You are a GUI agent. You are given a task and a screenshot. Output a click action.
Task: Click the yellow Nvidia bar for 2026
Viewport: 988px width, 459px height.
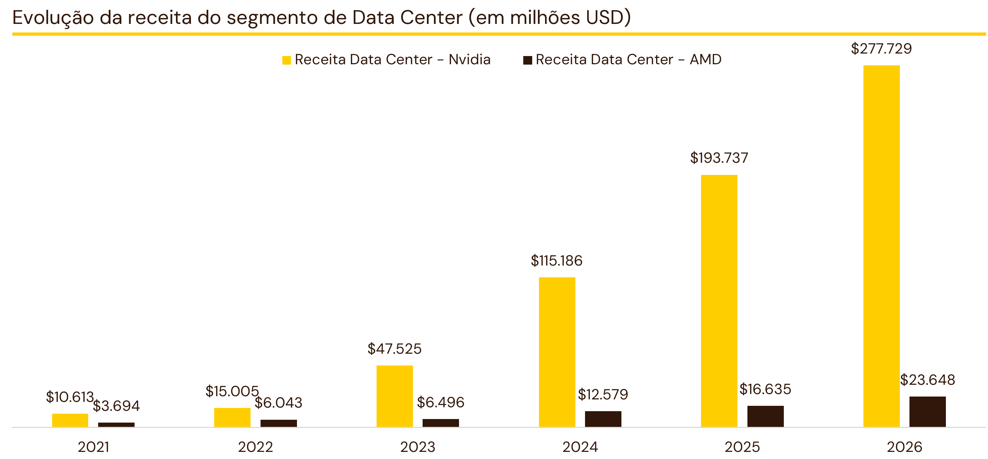tap(881, 246)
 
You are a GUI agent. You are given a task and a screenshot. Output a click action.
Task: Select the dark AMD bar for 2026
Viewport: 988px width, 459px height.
tap(927, 412)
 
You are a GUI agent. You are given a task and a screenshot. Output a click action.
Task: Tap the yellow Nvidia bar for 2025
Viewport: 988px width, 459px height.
tap(719, 301)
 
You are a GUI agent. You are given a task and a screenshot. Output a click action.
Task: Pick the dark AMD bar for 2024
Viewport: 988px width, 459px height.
tap(603, 419)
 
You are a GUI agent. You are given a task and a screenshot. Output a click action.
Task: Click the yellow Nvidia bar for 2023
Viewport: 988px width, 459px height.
tap(395, 396)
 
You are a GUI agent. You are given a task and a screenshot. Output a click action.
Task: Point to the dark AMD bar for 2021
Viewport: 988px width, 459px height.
tap(116, 425)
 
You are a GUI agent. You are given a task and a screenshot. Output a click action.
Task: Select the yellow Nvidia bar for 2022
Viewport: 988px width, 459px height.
tap(232, 418)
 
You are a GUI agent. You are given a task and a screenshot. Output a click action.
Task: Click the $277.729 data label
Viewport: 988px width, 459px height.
tap(881, 49)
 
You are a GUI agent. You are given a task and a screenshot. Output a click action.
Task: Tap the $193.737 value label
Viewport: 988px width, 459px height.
tap(719, 158)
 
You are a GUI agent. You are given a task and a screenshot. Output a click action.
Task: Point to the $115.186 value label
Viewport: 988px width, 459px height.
tap(556, 261)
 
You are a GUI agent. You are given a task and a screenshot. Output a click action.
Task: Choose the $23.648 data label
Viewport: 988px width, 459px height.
tap(927, 380)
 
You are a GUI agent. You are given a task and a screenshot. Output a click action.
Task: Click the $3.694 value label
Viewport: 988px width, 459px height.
tap(116, 406)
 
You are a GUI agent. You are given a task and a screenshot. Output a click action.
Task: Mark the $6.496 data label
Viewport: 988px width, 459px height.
tap(441, 402)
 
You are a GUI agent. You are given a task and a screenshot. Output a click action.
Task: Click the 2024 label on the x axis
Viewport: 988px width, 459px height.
tap(580, 447)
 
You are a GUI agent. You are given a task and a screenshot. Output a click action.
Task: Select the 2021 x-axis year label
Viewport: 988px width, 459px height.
tap(93, 447)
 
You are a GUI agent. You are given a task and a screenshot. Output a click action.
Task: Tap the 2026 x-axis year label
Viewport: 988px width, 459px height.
tap(904, 447)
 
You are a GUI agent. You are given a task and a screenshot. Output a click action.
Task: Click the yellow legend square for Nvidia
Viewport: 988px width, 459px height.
tap(287, 60)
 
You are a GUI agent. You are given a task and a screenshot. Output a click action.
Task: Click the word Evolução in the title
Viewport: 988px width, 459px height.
tap(53, 17)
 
